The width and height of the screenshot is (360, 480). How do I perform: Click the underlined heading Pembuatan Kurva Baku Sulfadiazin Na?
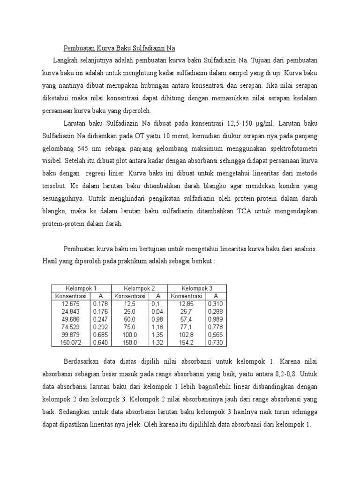point(119,48)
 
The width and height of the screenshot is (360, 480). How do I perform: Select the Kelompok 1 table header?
point(81,288)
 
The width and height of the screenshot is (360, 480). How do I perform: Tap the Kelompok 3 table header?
point(197,288)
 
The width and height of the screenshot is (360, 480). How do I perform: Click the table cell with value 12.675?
point(70,304)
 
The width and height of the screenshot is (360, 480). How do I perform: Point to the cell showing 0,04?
point(157,312)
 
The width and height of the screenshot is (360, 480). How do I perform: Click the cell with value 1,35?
point(157,335)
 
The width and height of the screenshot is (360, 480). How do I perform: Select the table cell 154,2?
point(187,343)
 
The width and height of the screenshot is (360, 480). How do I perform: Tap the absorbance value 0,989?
point(216,320)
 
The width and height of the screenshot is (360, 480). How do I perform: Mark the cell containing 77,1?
point(187,327)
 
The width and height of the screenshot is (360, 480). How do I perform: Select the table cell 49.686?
point(70,320)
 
